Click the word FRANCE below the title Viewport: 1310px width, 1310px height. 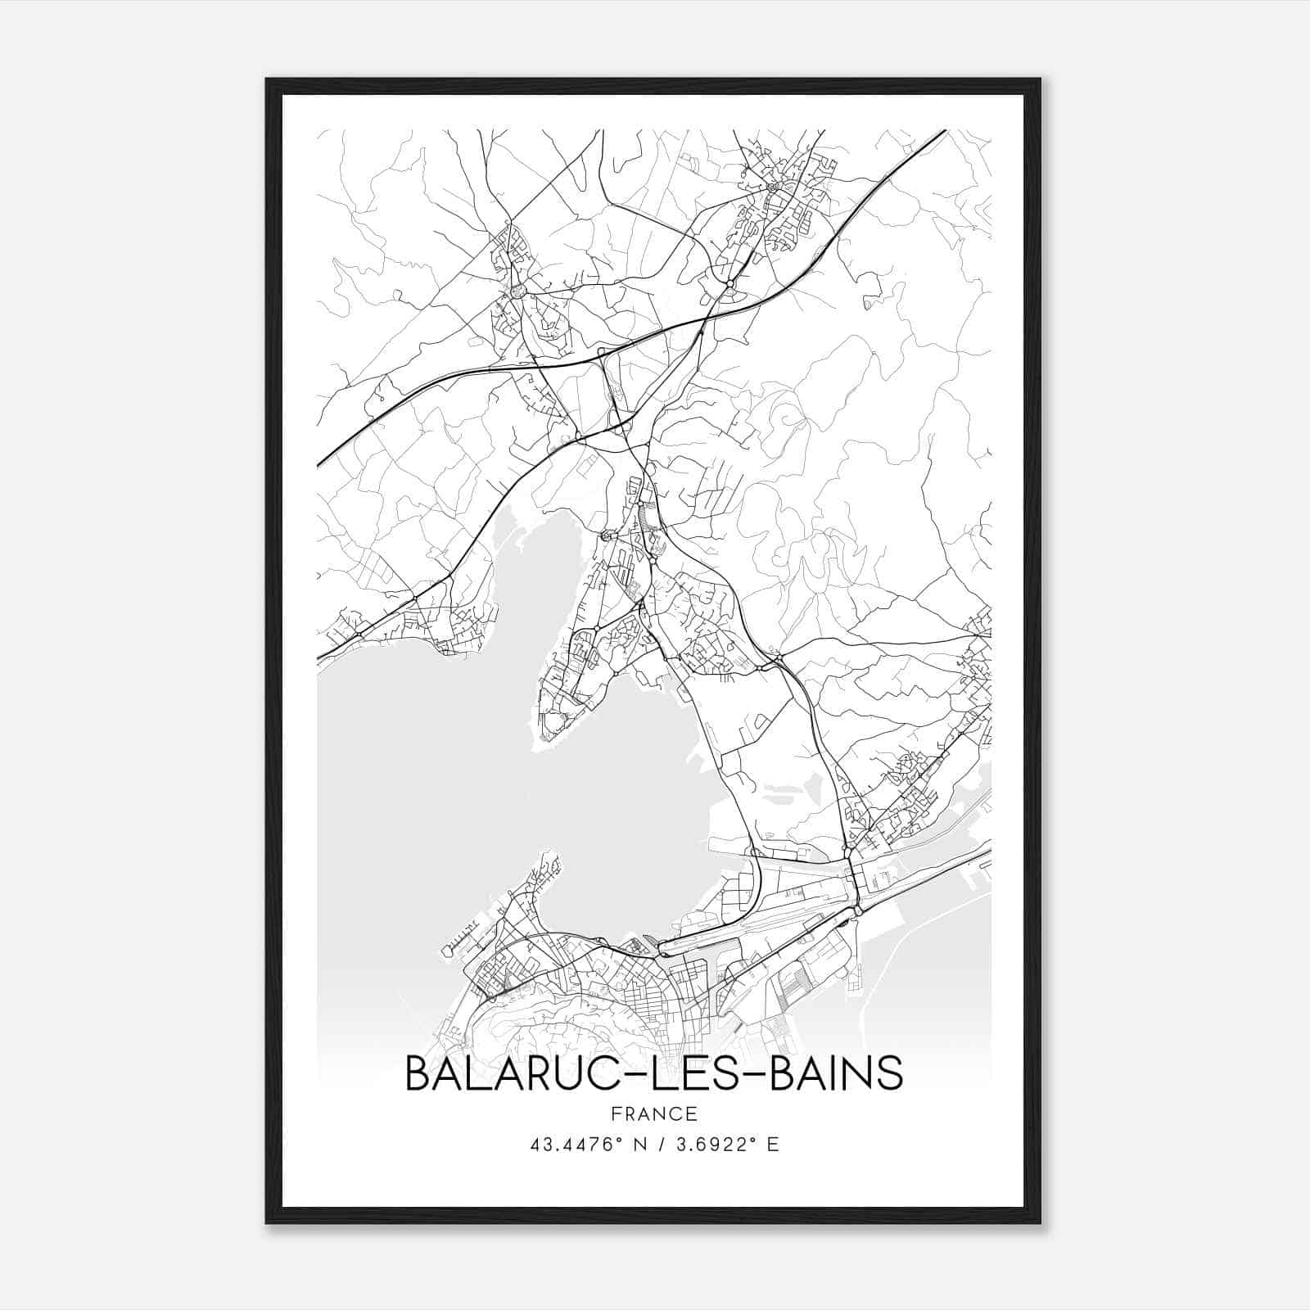click(x=654, y=1113)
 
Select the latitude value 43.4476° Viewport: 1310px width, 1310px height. click(x=575, y=1145)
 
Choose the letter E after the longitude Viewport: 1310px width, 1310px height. click(x=773, y=1145)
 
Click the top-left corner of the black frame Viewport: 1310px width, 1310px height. click(x=267, y=79)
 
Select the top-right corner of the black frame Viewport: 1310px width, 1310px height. click(x=1040, y=79)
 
